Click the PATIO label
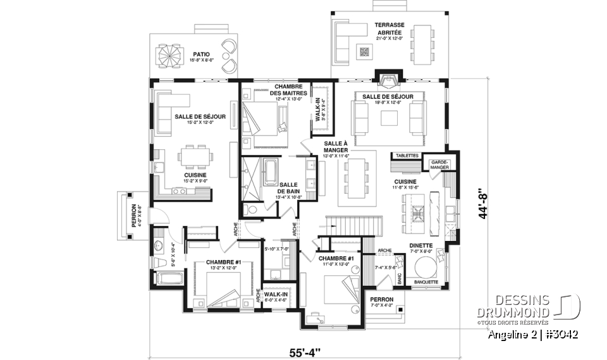click(202, 55)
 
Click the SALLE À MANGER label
click(336, 147)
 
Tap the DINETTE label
click(420, 245)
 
